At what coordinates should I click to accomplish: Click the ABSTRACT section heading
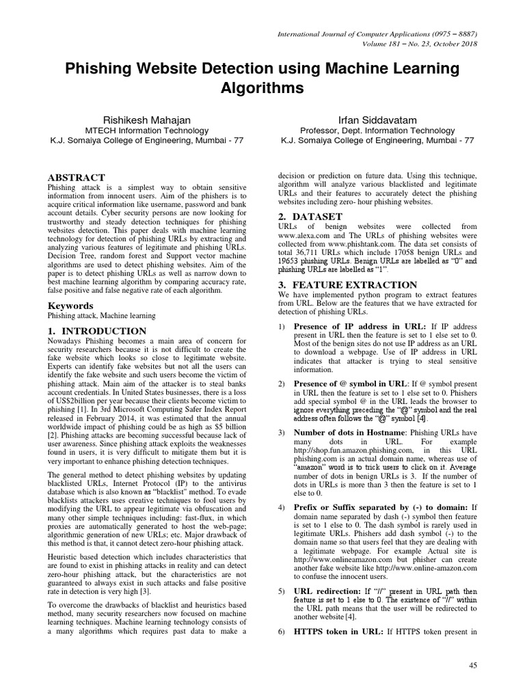(x=76, y=178)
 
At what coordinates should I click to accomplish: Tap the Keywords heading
(x=70, y=306)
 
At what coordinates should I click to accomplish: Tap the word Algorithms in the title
(x=262, y=89)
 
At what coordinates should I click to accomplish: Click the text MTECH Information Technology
(x=147, y=131)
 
